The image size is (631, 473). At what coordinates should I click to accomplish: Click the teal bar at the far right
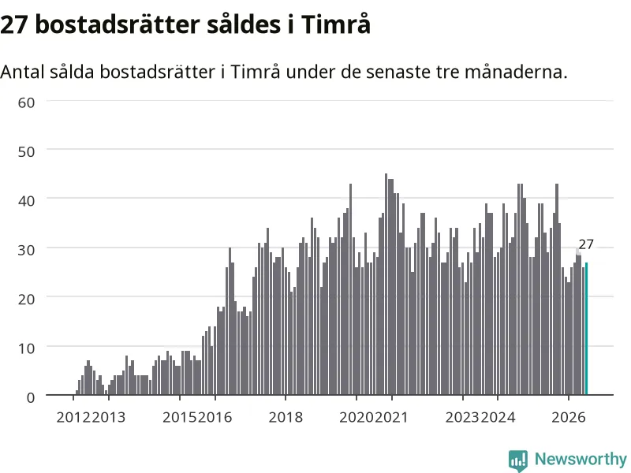click(x=586, y=329)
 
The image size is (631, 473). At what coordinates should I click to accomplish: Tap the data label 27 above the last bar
click(x=586, y=244)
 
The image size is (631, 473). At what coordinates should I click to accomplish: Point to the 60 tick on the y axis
click(x=27, y=102)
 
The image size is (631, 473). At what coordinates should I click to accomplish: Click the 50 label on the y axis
click(x=27, y=151)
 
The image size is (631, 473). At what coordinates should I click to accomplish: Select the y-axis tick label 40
click(x=27, y=201)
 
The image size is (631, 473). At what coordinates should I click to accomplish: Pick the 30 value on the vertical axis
click(x=27, y=250)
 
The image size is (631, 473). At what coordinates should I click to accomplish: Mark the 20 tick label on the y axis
click(x=27, y=299)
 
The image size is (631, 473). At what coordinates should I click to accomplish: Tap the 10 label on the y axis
click(x=27, y=348)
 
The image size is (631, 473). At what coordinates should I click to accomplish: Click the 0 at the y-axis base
click(x=31, y=397)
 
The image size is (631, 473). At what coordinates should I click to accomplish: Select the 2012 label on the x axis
click(x=73, y=417)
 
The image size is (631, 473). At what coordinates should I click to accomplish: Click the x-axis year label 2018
click(x=286, y=417)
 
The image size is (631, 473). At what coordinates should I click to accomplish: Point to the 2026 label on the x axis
click(x=569, y=417)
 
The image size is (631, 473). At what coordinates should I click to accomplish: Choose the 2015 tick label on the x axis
click(x=180, y=417)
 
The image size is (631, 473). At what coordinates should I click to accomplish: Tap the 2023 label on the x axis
click(x=463, y=417)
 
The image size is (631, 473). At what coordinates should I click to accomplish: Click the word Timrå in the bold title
click(x=336, y=24)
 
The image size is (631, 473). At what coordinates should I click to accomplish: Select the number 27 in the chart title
click(x=14, y=25)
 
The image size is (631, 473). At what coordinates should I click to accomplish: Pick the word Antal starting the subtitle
click(x=23, y=72)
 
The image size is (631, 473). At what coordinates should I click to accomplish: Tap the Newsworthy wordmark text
click(x=581, y=459)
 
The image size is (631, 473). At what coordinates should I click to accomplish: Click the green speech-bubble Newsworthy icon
click(x=518, y=460)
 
